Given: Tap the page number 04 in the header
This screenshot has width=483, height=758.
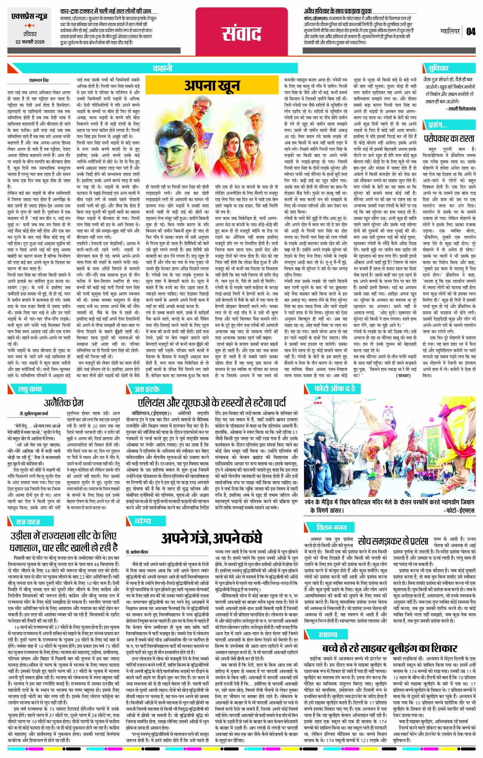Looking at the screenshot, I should (x=471, y=31).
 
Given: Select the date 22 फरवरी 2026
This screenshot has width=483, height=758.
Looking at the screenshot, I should (x=30, y=42).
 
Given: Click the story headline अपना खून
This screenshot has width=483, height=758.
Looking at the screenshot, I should (x=212, y=86).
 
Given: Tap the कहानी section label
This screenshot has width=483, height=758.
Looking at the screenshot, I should (x=162, y=68).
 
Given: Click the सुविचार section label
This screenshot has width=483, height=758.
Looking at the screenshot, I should (x=438, y=68).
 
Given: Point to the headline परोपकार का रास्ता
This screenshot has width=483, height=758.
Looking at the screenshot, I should (x=449, y=138).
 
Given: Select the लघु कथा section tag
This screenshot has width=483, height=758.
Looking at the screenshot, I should (x=30, y=389).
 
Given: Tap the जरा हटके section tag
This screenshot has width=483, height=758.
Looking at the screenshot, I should (x=147, y=389).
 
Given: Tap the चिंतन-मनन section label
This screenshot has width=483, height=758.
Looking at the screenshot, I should (x=331, y=527).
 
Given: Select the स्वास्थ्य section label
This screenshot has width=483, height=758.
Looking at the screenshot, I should (x=327, y=634).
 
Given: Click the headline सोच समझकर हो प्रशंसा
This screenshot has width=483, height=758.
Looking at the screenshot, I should (x=393, y=541).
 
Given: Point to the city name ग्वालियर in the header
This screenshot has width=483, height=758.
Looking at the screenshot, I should (x=450, y=31).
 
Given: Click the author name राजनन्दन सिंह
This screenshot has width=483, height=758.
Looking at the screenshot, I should (x=39, y=80).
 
